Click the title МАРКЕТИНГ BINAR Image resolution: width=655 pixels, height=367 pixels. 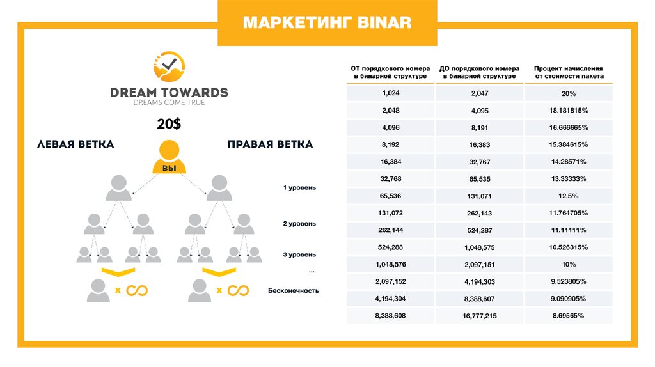(x=327, y=24)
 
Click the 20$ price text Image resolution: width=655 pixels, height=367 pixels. (x=169, y=124)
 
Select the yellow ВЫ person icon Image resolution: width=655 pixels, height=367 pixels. (x=170, y=157)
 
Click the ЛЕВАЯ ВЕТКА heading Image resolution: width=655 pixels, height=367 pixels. (x=75, y=144)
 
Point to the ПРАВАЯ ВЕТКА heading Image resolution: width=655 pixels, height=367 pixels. (x=270, y=144)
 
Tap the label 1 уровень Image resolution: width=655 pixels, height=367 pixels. (x=299, y=188)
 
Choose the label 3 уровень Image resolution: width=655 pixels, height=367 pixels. (x=299, y=255)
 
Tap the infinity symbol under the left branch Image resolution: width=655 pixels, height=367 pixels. (x=136, y=291)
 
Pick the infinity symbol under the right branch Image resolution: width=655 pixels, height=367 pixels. (x=238, y=291)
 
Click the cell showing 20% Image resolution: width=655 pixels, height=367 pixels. (x=569, y=93)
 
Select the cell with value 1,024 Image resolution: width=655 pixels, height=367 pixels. (x=390, y=93)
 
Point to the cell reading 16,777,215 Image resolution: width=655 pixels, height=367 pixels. (x=479, y=316)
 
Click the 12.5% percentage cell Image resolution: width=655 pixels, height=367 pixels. (x=569, y=196)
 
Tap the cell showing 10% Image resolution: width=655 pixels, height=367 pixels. (x=569, y=264)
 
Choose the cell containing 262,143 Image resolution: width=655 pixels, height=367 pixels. (x=479, y=213)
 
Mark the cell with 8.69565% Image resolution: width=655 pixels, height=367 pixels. (x=569, y=316)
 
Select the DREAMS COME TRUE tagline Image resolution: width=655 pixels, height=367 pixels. (x=169, y=102)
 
